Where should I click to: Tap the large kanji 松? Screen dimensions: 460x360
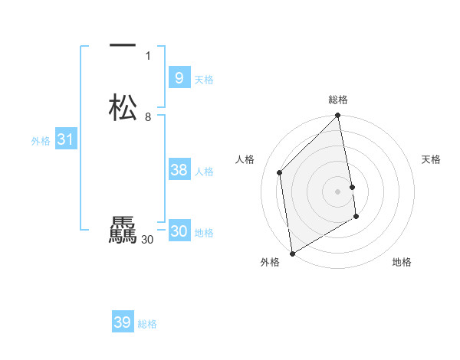(x=123, y=107)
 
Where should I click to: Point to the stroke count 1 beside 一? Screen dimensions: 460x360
(x=148, y=56)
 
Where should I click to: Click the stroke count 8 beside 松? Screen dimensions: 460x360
(x=148, y=117)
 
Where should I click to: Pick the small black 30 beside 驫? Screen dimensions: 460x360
(x=148, y=240)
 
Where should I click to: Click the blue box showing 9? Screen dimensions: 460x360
(x=179, y=78)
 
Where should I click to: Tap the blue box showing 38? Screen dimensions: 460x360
(x=179, y=170)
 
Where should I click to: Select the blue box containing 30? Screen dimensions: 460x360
(x=179, y=231)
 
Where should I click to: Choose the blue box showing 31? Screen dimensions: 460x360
(x=65, y=139)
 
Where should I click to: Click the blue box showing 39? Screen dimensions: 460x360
(x=122, y=322)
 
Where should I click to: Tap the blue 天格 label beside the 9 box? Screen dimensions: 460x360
(x=204, y=80)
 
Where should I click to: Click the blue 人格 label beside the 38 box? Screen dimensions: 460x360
(x=204, y=172)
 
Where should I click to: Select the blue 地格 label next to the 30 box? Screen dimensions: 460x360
(x=204, y=233)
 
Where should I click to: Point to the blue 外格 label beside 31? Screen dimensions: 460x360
(x=41, y=141)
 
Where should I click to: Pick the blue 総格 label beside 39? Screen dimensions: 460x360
(x=147, y=324)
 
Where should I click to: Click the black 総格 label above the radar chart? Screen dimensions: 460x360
(x=338, y=100)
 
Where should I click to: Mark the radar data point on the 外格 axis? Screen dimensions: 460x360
(x=292, y=253)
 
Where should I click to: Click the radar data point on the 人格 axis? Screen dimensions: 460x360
(x=280, y=172)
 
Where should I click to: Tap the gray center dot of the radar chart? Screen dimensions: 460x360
(x=338, y=191)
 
